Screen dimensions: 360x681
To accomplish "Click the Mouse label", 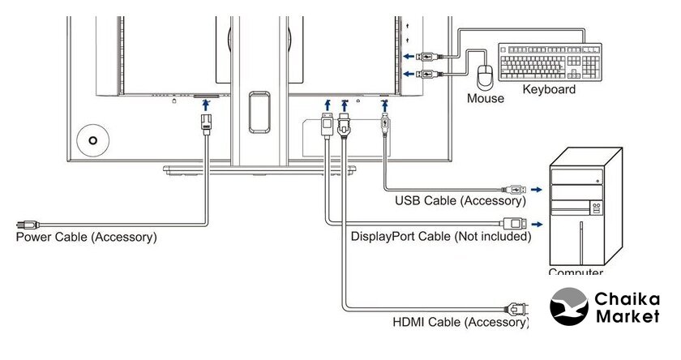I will (485, 99).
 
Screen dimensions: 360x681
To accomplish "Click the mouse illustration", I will (486, 77).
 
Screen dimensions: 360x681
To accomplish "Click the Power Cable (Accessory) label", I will (87, 238).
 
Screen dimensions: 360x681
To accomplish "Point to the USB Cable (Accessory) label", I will (460, 200).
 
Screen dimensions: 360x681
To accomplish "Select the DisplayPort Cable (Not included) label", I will (441, 237).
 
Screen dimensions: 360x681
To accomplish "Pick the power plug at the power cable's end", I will (26, 224).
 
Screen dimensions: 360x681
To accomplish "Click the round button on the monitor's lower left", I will (93, 139).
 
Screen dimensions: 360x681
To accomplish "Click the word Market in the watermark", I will (627, 317).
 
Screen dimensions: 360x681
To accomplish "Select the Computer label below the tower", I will (576, 273).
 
